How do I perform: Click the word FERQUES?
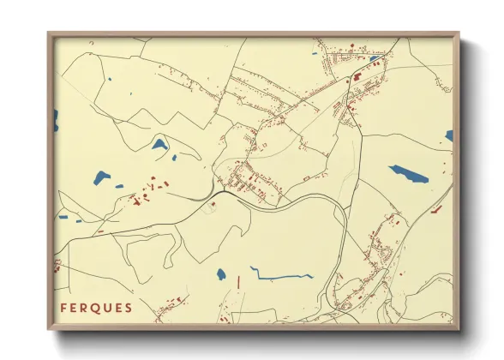[x=96, y=308]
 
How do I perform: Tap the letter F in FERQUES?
[x=64, y=308]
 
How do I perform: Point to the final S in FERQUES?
[x=129, y=308]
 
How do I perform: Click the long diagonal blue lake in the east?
[x=409, y=174]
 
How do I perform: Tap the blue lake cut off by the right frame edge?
[x=448, y=135]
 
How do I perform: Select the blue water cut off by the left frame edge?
[x=57, y=120]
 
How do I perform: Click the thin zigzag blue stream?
[x=281, y=276]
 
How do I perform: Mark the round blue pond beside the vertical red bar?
[x=221, y=275]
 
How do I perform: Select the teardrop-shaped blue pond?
[x=159, y=144]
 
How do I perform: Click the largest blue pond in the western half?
[x=102, y=177]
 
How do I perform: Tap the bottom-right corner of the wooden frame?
[x=458, y=328]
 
